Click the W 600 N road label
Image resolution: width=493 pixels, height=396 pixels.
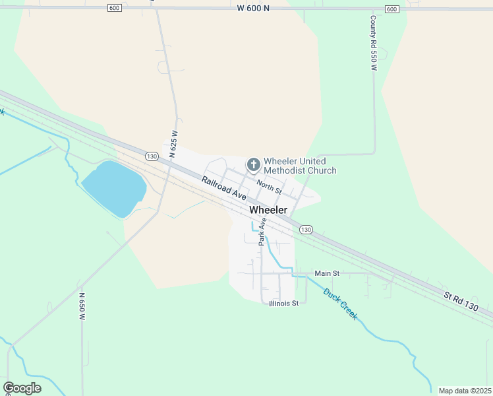click(254, 9)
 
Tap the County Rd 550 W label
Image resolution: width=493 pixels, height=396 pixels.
click(373, 44)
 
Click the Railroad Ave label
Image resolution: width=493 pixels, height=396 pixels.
click(224, 188)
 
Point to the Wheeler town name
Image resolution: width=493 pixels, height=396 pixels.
click(268, 210)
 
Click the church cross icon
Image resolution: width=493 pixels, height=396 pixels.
click(253, 164)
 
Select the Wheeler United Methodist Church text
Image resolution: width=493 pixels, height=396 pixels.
click(300, 166)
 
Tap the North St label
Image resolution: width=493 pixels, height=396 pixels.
click(269, 187)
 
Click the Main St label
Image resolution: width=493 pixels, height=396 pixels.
click(327, 273)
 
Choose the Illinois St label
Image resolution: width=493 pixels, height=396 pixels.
click(284, 304)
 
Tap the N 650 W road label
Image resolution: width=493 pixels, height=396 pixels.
click(82, 307)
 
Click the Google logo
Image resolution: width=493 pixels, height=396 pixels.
click(22, 388)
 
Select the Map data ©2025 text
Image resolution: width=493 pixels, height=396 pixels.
click(465, 391)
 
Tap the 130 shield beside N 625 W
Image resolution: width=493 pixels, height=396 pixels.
click(152, 156)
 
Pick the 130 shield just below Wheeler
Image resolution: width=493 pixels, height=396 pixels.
click(304, 229)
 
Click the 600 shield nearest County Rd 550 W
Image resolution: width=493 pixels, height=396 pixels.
click(391, 9)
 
